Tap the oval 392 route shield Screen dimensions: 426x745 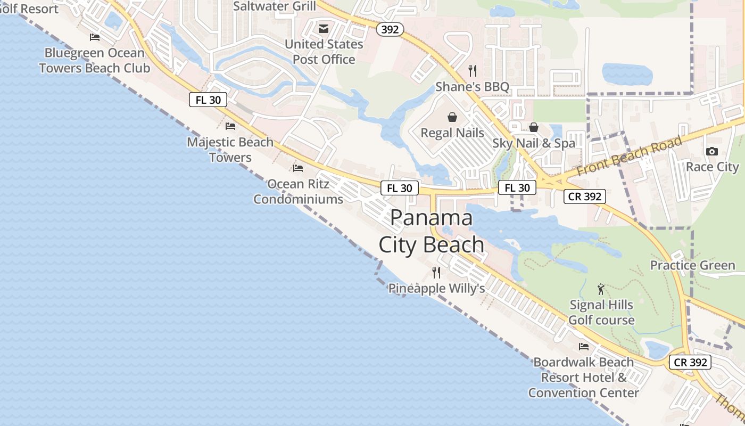point(390,30)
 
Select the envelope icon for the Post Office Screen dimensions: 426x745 point(324,29)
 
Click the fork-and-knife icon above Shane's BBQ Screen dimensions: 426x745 point(472,70)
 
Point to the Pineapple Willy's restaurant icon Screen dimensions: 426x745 point(436,273)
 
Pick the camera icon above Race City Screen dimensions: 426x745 point(711,151)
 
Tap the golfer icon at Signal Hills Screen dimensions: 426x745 point(601,289)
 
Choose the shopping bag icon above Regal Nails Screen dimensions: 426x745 point(452,117)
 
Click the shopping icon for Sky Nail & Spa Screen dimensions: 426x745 point(534,127)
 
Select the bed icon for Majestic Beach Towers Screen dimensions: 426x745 point(230,126)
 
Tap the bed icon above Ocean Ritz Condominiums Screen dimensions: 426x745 point(298,168)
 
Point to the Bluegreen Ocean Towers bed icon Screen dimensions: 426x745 point(95,37)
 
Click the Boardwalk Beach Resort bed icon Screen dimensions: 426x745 point(584,347)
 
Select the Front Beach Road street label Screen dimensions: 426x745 point(629,157)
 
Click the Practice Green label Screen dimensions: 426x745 point(692,265)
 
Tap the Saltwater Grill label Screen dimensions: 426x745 point(275,6)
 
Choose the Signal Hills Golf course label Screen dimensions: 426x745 point(601,313)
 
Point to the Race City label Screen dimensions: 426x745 point(712,167)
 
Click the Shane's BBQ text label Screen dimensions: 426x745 point(472,86)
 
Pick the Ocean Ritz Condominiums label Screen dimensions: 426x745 point(298,192)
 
